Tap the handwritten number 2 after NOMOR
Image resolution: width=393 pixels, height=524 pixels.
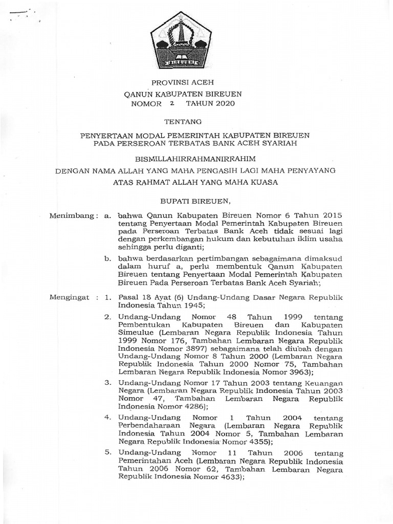(x=172, y=103)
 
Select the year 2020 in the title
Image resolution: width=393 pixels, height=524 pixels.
(x=224, y=104)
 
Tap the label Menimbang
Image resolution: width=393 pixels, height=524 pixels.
(x=71, y=216)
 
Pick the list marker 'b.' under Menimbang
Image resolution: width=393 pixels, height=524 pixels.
(x=108, y=260)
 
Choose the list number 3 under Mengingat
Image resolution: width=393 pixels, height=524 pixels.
(x=107, y=382)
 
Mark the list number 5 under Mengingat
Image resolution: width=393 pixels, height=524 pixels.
(x=107, y=452)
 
